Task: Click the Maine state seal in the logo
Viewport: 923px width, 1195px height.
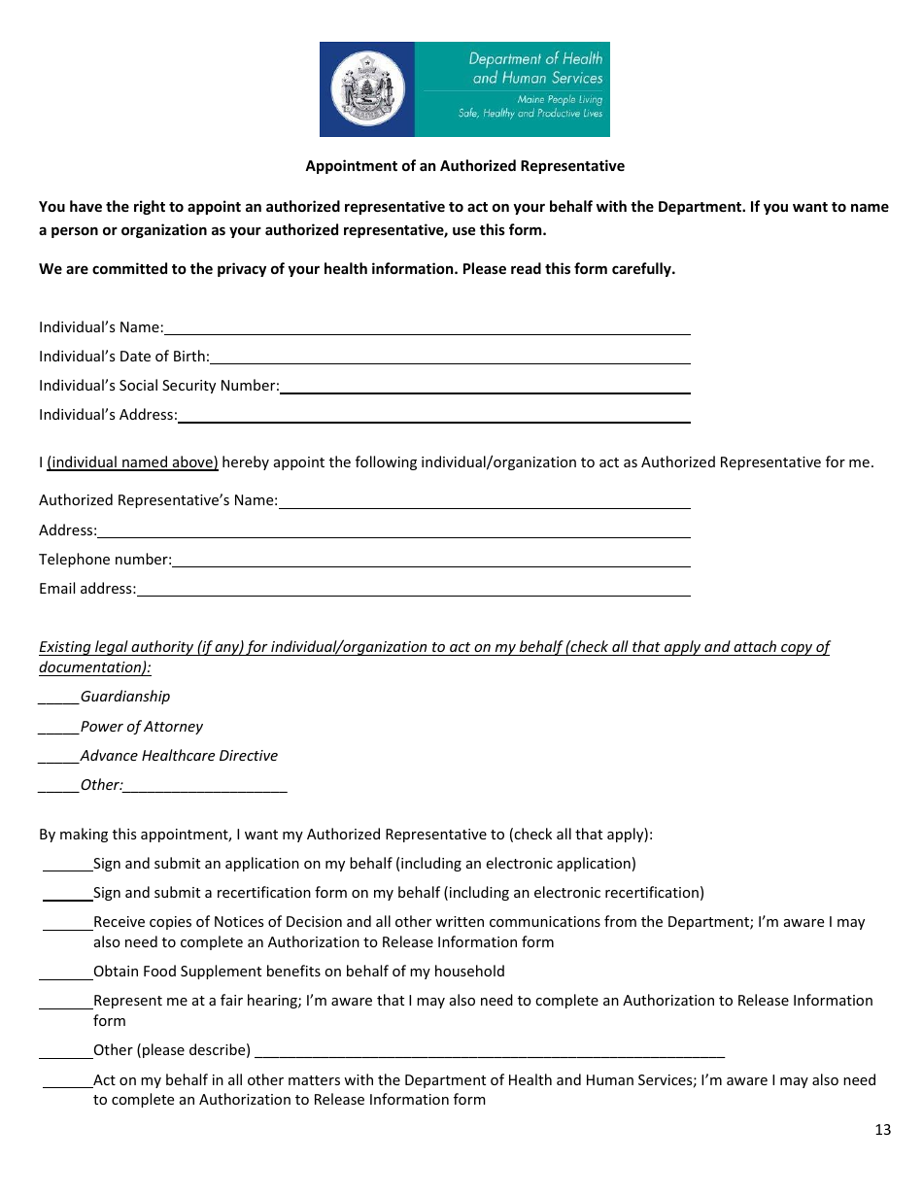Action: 367,89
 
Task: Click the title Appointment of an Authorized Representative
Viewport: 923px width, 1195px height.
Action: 464,166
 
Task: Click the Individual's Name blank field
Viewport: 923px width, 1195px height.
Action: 427,328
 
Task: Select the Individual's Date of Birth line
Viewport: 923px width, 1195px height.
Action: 449,358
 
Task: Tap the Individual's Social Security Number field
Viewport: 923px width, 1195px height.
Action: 484,387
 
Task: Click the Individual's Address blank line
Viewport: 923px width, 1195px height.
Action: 433,416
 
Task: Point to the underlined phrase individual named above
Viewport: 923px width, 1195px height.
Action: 132,462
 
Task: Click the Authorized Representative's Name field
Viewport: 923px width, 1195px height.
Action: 484,501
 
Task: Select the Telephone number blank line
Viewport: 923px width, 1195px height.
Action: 430,561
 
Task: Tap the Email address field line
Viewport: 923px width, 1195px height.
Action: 413,590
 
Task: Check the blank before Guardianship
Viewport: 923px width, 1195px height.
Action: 58,698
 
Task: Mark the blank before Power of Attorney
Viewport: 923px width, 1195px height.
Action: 58,728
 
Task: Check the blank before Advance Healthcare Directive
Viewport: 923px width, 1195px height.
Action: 58,757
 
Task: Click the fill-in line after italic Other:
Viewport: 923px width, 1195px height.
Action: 205,786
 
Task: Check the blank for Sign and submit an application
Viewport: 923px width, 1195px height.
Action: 67,865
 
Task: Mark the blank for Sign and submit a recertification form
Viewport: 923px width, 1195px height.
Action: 67,894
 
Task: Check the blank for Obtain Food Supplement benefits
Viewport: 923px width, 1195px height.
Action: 65,973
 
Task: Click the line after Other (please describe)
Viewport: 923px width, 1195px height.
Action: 489,1051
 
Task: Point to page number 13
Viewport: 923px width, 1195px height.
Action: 882,1130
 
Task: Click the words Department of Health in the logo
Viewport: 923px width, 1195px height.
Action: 535,59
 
